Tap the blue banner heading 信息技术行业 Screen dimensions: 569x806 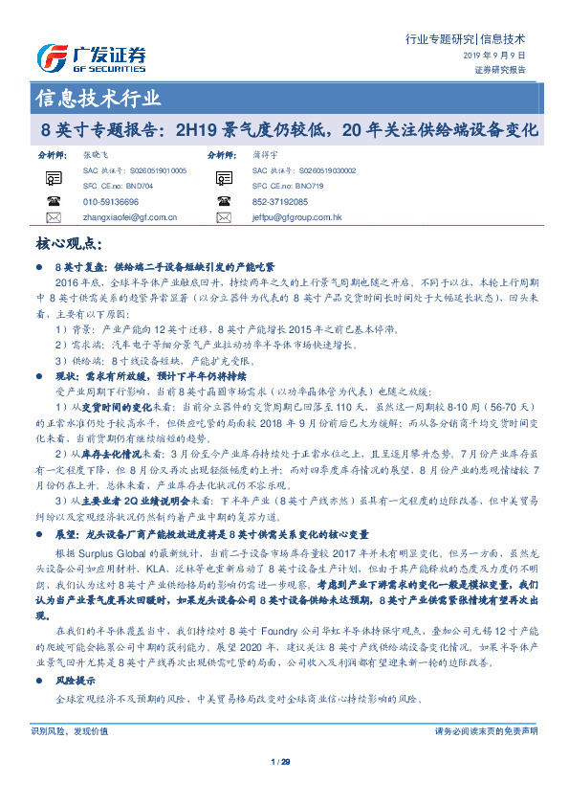tap(98, 98)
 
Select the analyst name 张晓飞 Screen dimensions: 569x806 tap(96, 153)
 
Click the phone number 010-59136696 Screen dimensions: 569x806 tap(111, 202)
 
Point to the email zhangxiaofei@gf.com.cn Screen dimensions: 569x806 tap(124, 217)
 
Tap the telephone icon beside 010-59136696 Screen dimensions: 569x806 tap(52, 201)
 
